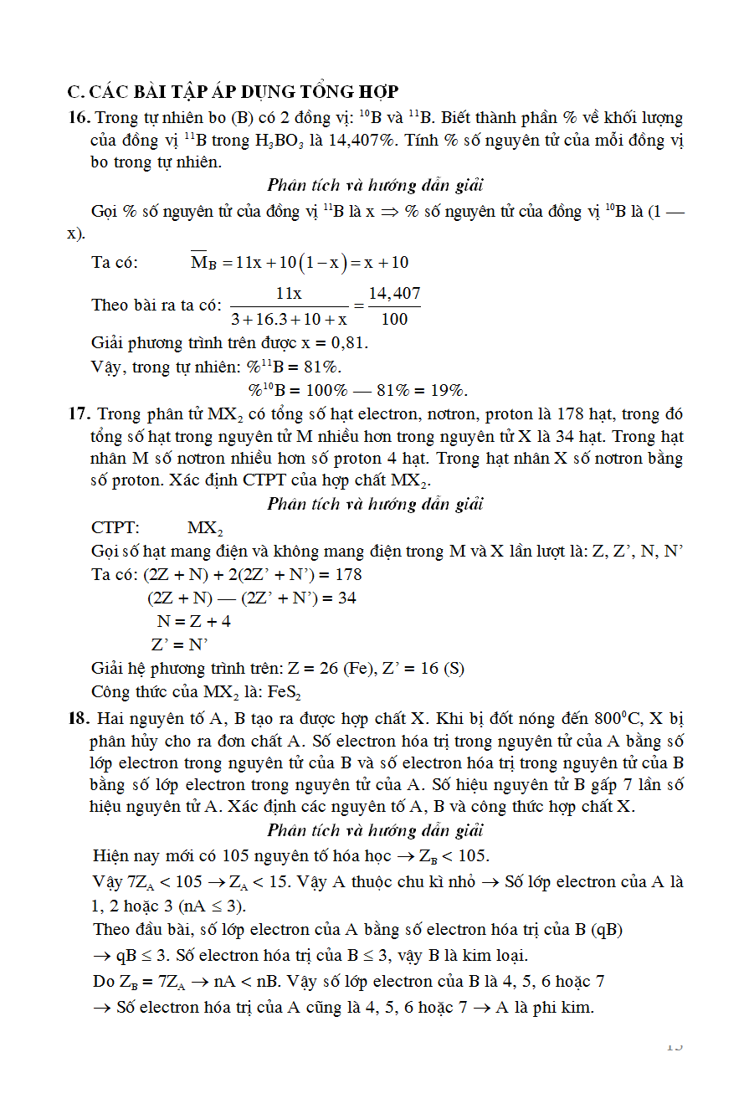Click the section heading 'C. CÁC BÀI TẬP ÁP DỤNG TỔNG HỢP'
tap(233, 92)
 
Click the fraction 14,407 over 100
tap(394, 305)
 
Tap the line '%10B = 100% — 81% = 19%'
tap(357, 390)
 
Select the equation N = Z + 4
tap(194, 621)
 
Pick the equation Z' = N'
tap(179, 644)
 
